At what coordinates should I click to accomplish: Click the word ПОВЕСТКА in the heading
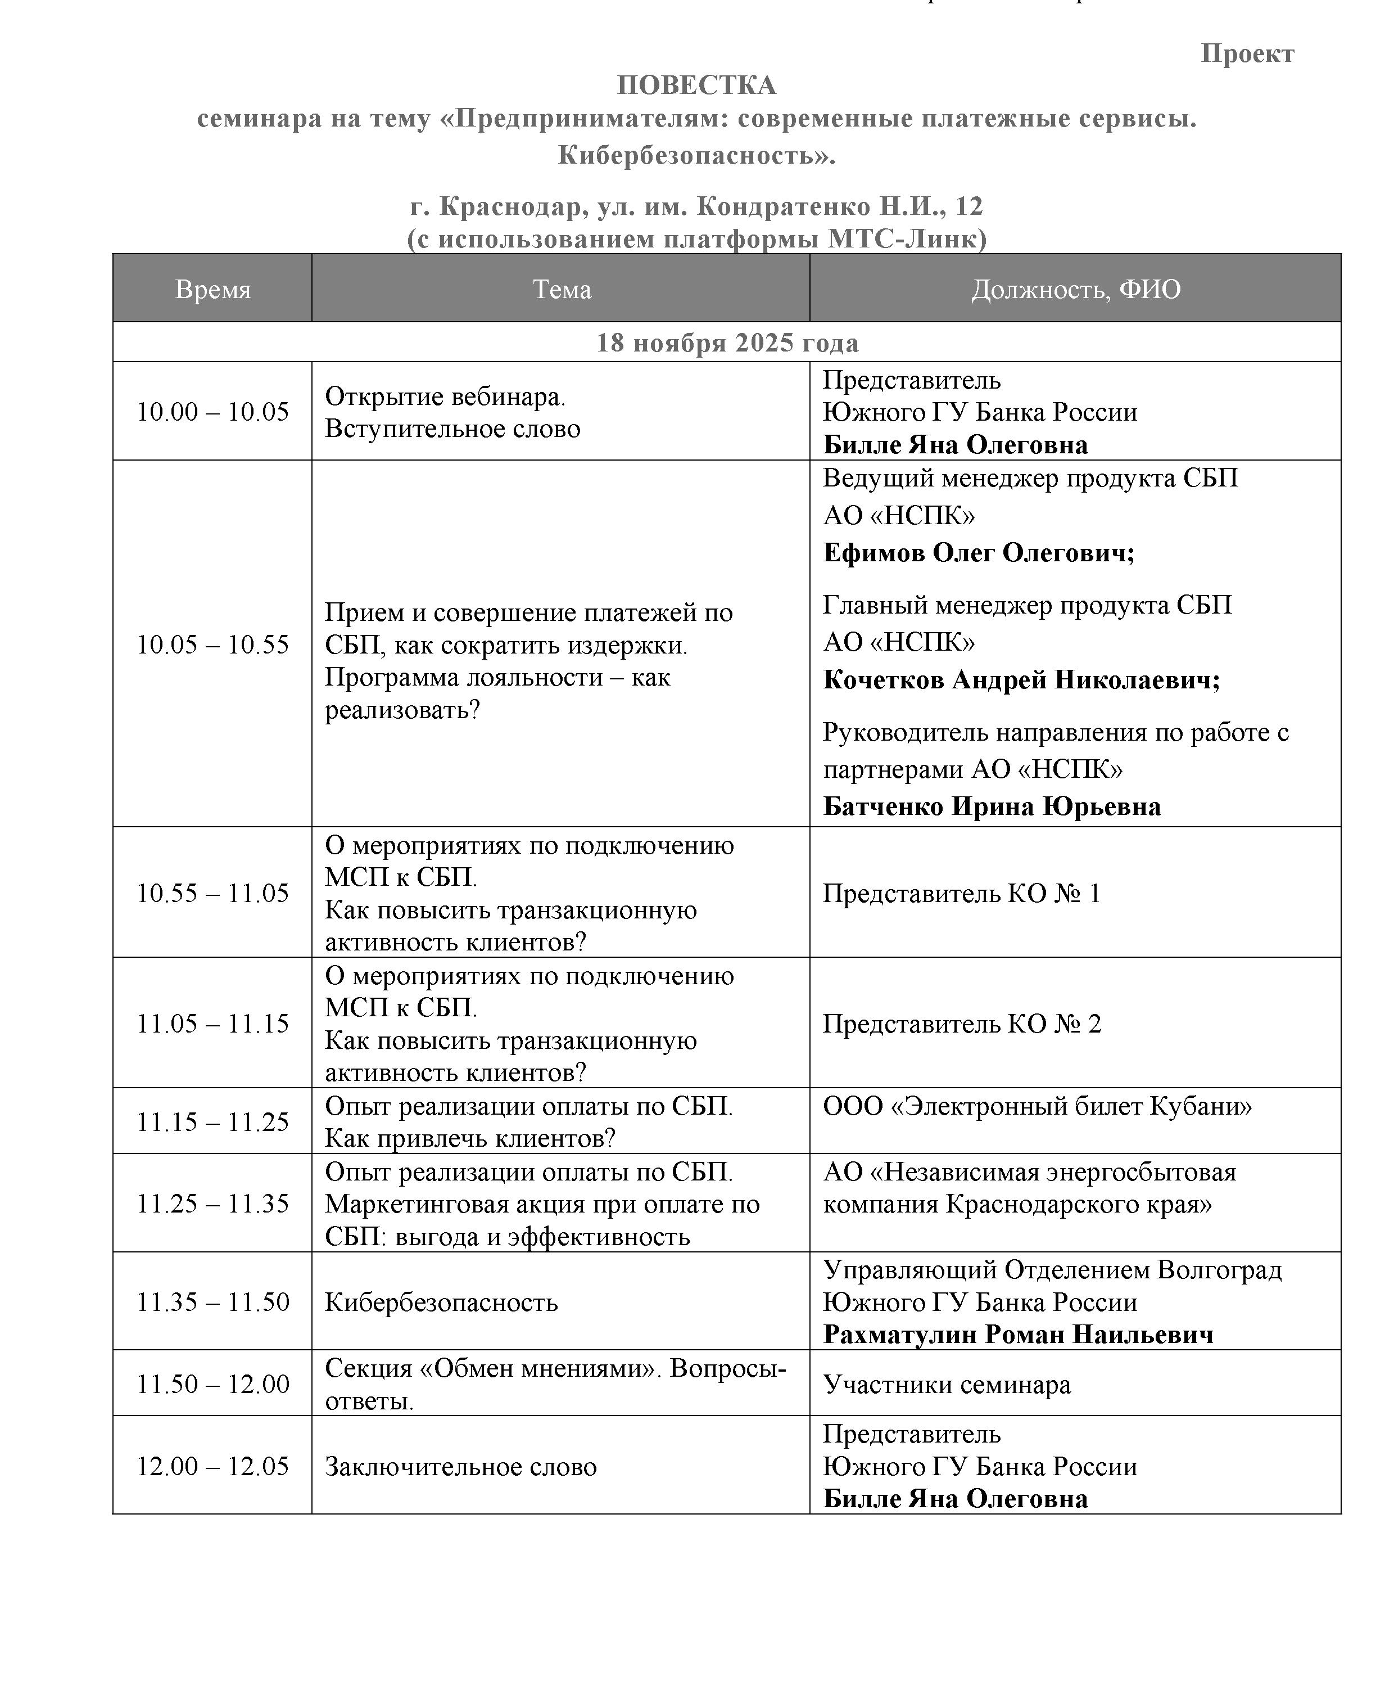point(696,85)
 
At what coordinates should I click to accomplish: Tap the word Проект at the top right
point(1247,53)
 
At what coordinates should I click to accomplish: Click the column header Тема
point(562,289)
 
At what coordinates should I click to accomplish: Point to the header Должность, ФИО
point(1075,289)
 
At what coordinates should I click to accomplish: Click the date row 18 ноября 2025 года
point(727,342)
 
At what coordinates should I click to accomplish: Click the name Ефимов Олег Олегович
point(978,552)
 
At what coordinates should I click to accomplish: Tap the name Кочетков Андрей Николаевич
point(1021,679)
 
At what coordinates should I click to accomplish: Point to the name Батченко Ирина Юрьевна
point(992,806)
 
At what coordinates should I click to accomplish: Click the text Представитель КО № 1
point(961,893)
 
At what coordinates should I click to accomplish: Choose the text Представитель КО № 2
point(961,1024)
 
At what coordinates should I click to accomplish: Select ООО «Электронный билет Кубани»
point(1037,1106)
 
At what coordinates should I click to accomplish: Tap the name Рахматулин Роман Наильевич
point(1018,1335)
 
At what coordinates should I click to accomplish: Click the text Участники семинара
point(947,1385)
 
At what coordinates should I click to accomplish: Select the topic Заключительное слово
point(460,1467)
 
